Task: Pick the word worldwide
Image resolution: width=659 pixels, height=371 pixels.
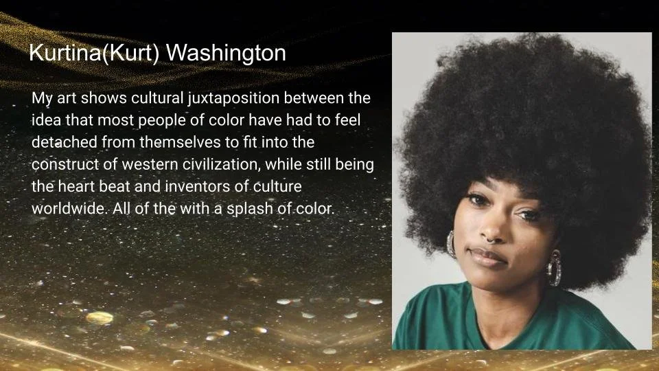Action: (67, 208)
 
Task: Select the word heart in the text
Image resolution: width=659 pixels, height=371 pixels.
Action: (78, 187)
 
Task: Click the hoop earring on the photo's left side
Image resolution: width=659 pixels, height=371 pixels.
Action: (452, 243)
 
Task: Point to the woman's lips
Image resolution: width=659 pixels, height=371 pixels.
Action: (488, 258)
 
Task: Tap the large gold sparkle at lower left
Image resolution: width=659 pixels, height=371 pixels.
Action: (100, 318)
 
